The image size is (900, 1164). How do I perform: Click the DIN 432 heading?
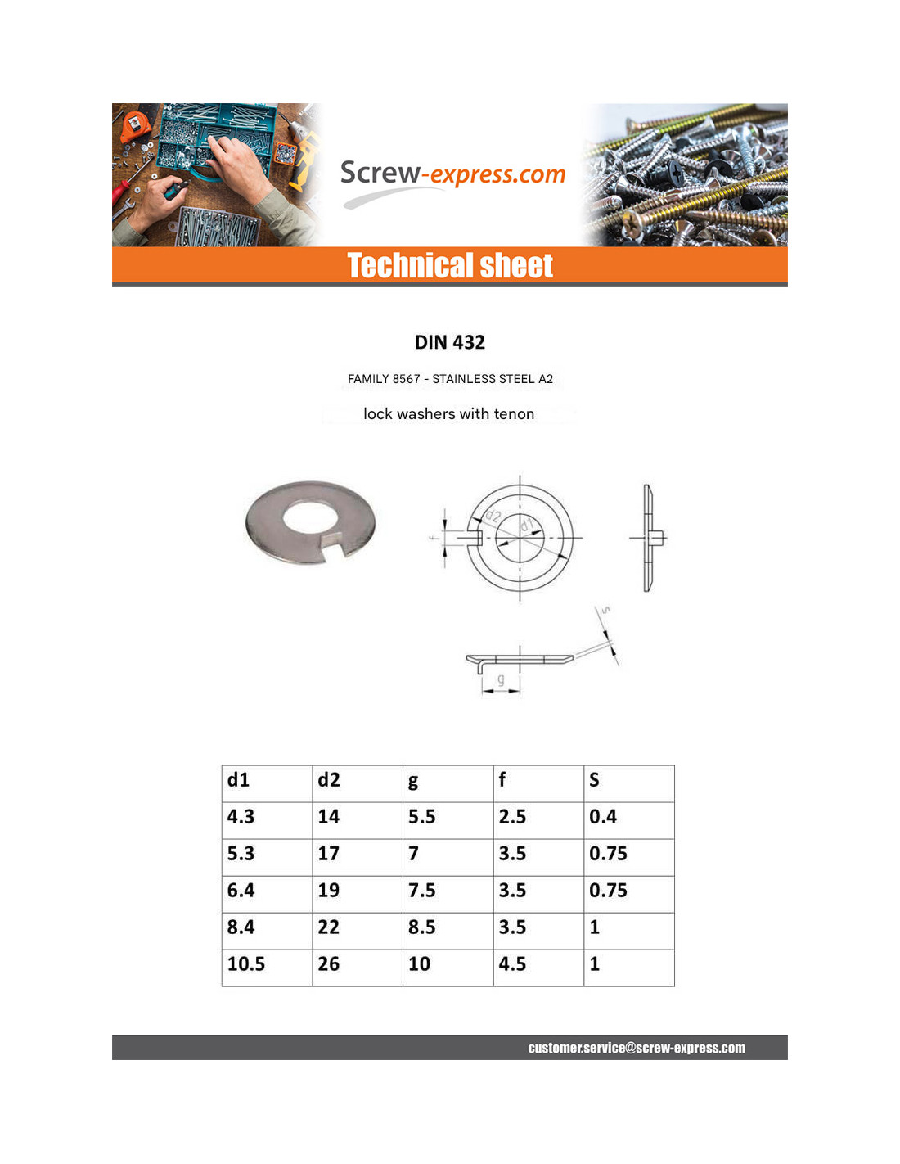(x=449, y=342)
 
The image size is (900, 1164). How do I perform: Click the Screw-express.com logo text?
(x=452, y=174)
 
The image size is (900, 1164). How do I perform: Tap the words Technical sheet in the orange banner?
(x=450, y=266)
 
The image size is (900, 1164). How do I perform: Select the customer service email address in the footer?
(x=636, y=1048)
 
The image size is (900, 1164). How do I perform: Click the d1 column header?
(x=239, y=780)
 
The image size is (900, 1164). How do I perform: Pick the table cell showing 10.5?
(x=246, y=964)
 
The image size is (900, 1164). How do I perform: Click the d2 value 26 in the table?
(x=329, y=964)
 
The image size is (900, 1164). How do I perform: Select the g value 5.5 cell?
(x=422, y=817)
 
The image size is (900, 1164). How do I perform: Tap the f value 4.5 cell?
(x=513, y=964)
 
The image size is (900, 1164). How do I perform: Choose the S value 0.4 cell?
(x=603, y=817)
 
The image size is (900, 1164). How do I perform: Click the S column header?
(x=595, y=780)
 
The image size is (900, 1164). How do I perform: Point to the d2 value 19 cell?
(x=329, y=891)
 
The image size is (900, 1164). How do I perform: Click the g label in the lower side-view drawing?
(x=501, y=679)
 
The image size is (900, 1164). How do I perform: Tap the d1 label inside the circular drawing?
(x=527, y=525)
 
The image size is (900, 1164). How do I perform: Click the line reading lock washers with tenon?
(x=448, y=414)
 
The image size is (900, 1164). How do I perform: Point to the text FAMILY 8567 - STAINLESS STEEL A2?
(x=450, y=379)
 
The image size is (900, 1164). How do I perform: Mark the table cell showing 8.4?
(x=241, y=927)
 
